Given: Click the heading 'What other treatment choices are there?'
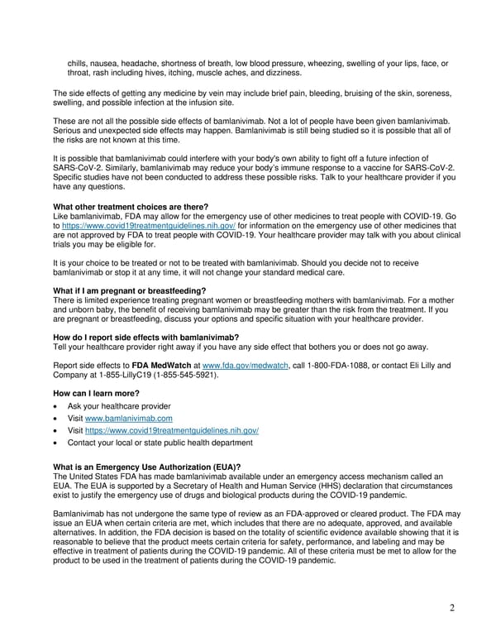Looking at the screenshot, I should [131, 207].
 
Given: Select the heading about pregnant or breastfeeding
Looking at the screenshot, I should [130, 290].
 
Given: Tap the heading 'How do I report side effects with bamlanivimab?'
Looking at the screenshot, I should [145, 338].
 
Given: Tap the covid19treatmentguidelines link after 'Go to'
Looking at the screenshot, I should [149, 225].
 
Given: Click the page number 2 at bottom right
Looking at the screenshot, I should [452, 609].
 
